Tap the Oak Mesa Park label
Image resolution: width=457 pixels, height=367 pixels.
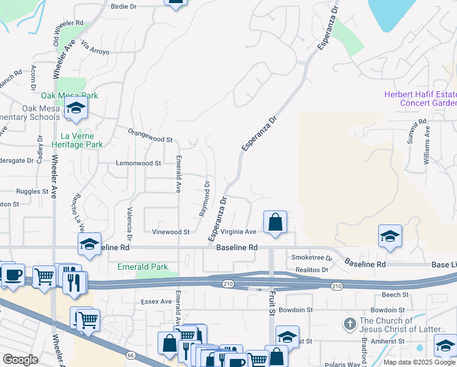(70, 96)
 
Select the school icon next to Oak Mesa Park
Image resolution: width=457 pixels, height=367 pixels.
(76, 108)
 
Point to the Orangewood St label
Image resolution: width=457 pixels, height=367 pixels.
(150, 131)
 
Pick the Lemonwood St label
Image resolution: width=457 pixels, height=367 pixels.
(139, 163)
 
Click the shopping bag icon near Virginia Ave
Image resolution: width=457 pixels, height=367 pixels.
(276, 222)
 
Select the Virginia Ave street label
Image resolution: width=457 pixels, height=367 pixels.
(238, 232)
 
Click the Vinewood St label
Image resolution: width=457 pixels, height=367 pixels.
(171, 232)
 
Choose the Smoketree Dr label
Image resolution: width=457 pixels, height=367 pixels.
(312, 258)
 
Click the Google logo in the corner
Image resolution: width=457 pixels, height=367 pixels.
(20, 360)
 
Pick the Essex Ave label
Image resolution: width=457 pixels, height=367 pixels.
(156, 302)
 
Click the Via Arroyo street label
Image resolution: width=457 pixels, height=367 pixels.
(95, 48)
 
